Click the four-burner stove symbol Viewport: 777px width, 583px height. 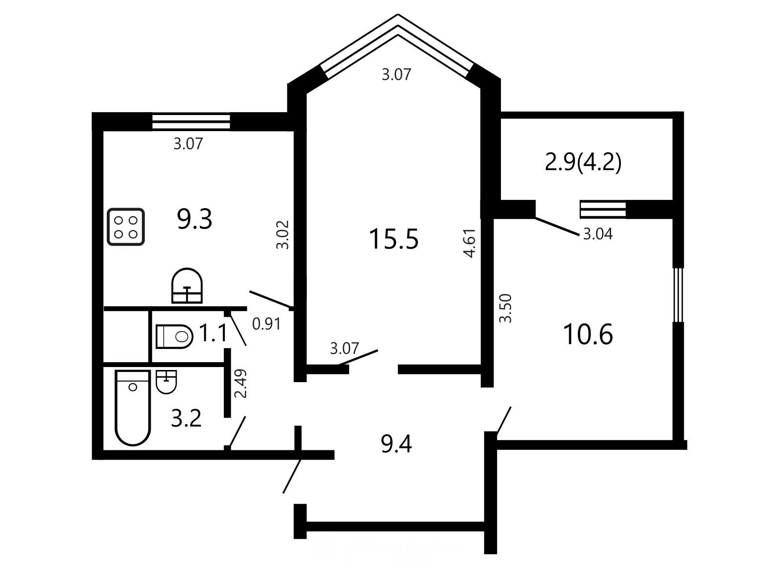[x=126, y=227]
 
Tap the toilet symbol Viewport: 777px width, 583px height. [x=175, y=336]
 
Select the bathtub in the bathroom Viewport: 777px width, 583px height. [x=133, y=408]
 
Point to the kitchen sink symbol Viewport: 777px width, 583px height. [x=187, y=286]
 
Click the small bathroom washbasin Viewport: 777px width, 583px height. [x=166, y=382]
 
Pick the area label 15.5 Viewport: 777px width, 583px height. [x=394, y=239]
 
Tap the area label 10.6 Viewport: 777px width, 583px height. [x=588, y=334]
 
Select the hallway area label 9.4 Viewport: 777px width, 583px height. [x=396, y=444]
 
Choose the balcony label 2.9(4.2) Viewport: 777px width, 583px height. [x=583, y=163]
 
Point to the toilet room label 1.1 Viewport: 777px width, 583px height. [x=213, y=333]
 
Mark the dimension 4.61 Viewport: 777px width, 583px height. [x=470, y=243]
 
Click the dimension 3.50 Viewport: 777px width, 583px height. [x=505, y=308]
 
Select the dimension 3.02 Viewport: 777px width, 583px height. [x=283, y=235]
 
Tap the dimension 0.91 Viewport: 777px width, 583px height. [x=266, y=324]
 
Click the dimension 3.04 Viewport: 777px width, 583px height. [x=598, y=234]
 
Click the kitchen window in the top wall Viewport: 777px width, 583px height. [x=191, y=121]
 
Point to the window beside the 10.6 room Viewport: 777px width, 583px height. [x=678, y=295]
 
